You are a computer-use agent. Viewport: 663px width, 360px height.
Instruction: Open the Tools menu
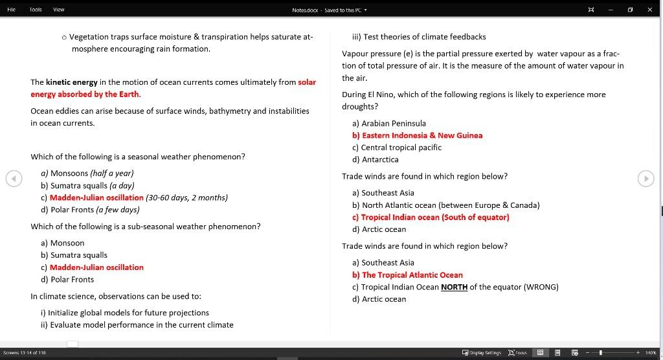point(36,10)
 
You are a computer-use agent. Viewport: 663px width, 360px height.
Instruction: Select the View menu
point(58,10)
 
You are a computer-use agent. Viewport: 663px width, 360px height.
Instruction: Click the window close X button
point(649,10)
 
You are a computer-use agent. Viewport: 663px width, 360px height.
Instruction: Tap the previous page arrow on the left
point(14,179)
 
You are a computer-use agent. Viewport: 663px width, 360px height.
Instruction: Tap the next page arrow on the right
point(646,179)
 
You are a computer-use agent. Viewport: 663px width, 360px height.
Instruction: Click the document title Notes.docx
point(307,10)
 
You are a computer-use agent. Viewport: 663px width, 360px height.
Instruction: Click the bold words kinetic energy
point(71,82)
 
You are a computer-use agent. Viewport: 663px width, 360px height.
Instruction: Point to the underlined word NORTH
point(454,287)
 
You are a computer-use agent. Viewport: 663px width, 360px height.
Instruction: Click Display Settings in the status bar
point(481,352)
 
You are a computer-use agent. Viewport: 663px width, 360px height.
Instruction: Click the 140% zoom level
point(651,352)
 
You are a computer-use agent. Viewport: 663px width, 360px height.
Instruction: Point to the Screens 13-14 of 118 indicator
point(24,352)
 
